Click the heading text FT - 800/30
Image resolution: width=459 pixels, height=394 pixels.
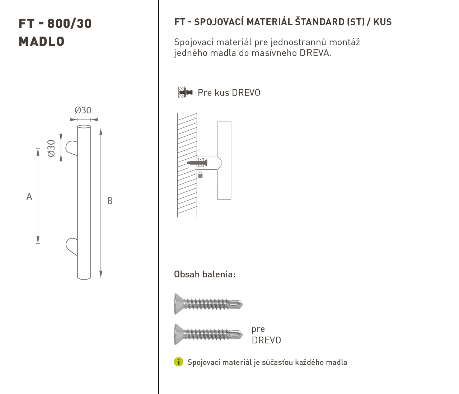click(x=55, y=24)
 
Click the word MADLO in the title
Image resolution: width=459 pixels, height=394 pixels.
click(x=42, y=42)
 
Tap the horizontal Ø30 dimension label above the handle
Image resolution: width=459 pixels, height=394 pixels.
click(x=83, y=110)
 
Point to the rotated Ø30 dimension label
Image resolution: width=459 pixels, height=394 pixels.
click(x=51, y=148)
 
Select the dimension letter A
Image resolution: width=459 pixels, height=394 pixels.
click(x=29, y=197)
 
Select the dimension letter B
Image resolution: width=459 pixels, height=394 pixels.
click(x=110, y=201)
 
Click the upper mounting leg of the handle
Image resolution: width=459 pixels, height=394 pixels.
click(x=71, y=148)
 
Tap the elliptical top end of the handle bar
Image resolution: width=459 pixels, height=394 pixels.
click(x=84, y=127)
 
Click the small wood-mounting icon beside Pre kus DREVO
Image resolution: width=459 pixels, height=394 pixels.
click(x=185, y=92)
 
